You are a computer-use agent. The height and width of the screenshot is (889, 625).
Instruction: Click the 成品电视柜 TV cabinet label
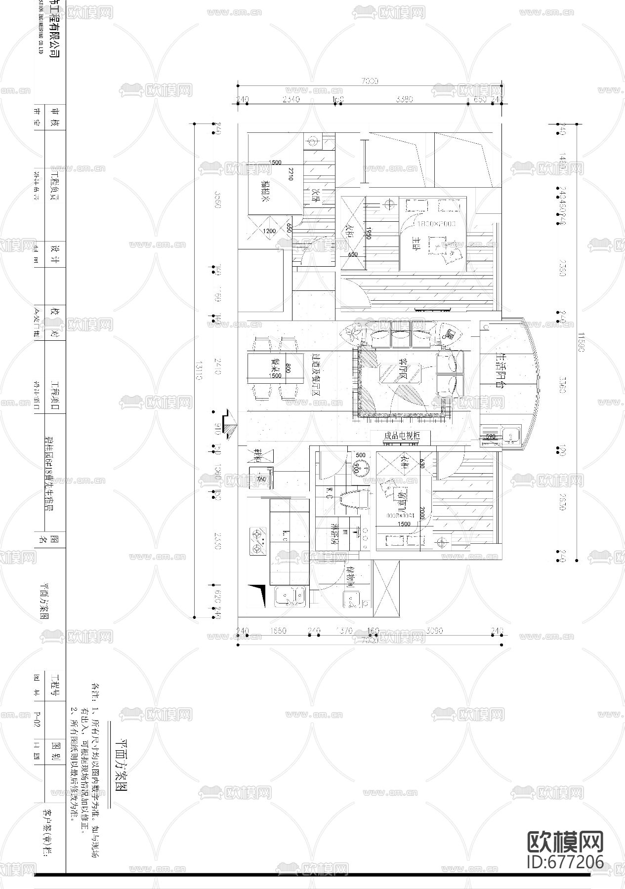[402, 437]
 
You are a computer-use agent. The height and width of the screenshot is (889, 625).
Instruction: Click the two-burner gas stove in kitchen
[257, 541]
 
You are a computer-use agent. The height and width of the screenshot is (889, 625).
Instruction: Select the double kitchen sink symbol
[290, 597]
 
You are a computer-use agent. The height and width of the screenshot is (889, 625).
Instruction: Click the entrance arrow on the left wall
[229, 423]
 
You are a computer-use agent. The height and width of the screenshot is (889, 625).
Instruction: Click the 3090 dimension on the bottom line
[434, 631]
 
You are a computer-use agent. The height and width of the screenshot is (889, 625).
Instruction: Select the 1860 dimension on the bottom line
[278, 631]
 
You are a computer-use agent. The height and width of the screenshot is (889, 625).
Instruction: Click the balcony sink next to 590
[509, 436]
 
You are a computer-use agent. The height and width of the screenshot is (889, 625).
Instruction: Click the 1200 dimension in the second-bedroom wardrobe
[269, 231]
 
